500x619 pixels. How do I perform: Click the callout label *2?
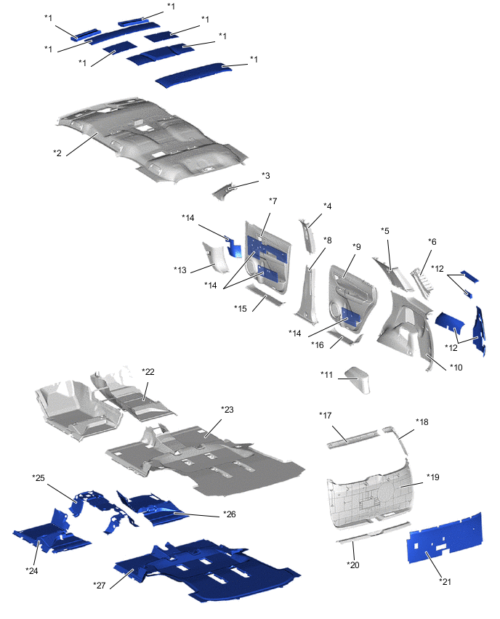pyautogui.click(x=57, y=153)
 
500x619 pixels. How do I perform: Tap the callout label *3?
pyautogui.click(x=266, y=176)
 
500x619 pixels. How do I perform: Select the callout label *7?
pyautogui.click(x=273, y=201)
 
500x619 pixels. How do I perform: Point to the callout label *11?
pyautogui.click(x=327, y=374)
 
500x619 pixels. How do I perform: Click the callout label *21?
pyautogui.click(x=445, y=581)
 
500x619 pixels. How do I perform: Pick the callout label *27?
pyautogui.click(x=100, y=586)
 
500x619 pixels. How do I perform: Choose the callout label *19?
pyautogui.click(x=433, y=477)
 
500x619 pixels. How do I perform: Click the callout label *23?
pyautogui.click(x=227, y=409)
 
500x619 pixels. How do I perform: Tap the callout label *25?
pyautogui.click(x=39, y=477)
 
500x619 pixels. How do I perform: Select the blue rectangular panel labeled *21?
pyautogui.click(x=445, y=538)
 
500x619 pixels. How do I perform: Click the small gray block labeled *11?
pyautogui.click(x=358, y=380)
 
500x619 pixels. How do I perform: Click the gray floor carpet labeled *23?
pyautogui.click(x=206, y=460)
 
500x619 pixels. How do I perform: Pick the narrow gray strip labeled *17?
pyautogui.click(x=352, y=440)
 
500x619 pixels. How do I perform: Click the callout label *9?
pyautogui.click(x=357, y=247)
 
